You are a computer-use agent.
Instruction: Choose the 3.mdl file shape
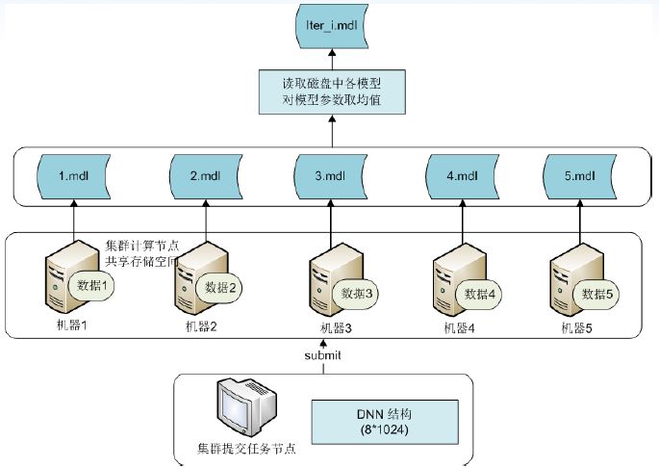coord(329,177)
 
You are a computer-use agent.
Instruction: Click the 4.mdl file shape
coord(459,177)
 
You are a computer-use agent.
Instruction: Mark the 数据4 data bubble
coord(479,293)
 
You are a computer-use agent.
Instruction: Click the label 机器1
coord(70,325)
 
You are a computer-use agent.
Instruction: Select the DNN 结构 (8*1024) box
coord(382,420)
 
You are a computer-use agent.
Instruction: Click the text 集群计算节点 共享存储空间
coord(141,253)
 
